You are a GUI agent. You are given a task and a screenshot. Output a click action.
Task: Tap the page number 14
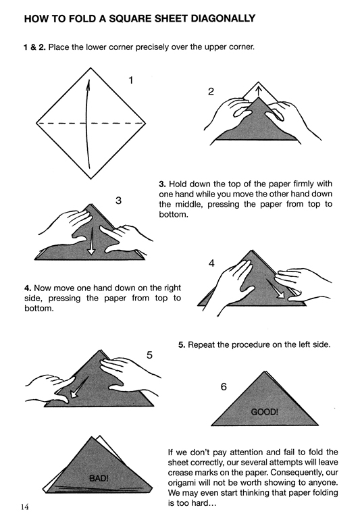[24, 506]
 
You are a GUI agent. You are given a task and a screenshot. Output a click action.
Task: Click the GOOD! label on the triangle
[265, 412]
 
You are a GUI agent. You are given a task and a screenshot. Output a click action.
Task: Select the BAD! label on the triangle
[99, 478]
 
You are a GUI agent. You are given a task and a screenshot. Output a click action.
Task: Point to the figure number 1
[131, 80]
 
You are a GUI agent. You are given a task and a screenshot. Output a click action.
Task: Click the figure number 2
[211, 92]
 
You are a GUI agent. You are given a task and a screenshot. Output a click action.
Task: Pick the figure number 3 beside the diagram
[118, 201]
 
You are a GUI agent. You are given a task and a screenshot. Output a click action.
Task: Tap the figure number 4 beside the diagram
[211, 263]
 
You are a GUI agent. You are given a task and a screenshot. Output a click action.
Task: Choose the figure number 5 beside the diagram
[150, 355]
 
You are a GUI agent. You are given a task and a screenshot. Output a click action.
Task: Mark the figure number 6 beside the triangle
[224, 387]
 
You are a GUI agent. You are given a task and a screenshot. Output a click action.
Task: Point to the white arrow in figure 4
[276, 289]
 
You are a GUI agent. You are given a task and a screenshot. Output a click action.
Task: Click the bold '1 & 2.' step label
[34, 47]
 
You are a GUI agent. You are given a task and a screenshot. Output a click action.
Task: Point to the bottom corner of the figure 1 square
[91, 179]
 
